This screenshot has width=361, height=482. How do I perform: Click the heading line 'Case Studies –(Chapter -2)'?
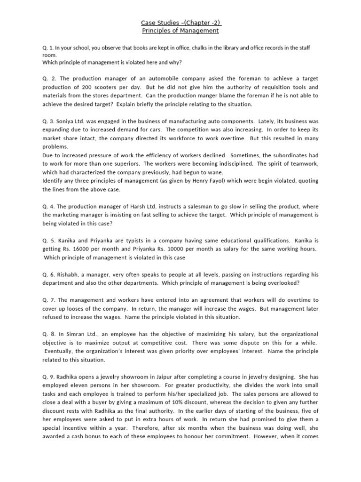tap(181, 22)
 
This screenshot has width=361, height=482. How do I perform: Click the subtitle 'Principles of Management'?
tap(181, 31)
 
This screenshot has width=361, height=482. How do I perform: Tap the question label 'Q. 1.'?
tap(48, 48)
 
